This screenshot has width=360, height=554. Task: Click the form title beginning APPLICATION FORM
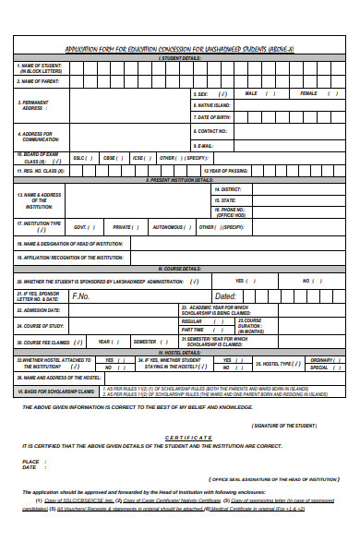pyautogui.click(x=179, y=49)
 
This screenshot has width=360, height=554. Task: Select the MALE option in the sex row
pyautogui.click(x=250, y=93)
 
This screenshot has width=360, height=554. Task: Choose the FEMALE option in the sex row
pyautogui.click(x=308, y=93)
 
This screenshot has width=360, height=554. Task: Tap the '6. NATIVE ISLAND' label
pyautogui.click(x=216, y=105)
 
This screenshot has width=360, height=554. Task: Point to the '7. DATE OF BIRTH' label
pyautogui.click(x=217, y=117)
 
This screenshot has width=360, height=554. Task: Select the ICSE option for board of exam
pyautogui.click(x=138, y=158)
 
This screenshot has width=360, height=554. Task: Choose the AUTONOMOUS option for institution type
pyautogui.click(x=169, y=226)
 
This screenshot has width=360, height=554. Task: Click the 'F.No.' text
pyautogui.click(x=80, y=296)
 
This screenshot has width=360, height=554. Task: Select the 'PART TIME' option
pyautogui.click(x=192, y=330)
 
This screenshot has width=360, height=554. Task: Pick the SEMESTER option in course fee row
pyautogui.click(x=145, y=342)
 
